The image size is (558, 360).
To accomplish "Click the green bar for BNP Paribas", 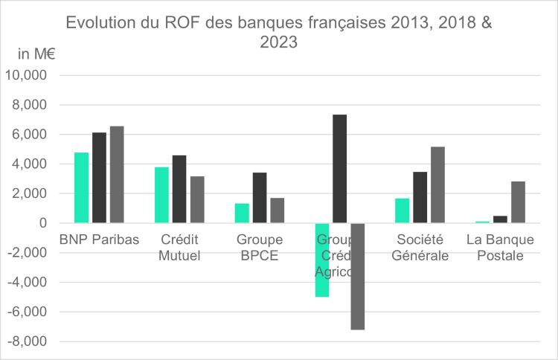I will click(81, 187).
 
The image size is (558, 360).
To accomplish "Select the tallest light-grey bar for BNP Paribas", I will click(117, 175).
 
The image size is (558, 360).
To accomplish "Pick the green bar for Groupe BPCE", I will click(242, 213).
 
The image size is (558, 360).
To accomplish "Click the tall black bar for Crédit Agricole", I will click(339, 169).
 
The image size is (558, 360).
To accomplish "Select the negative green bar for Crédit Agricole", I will click(321, 260).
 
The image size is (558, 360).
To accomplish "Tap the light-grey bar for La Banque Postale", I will click(518, 202).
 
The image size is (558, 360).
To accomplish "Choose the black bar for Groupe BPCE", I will click(260, 198).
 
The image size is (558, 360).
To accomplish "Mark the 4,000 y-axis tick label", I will click(31, 164).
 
